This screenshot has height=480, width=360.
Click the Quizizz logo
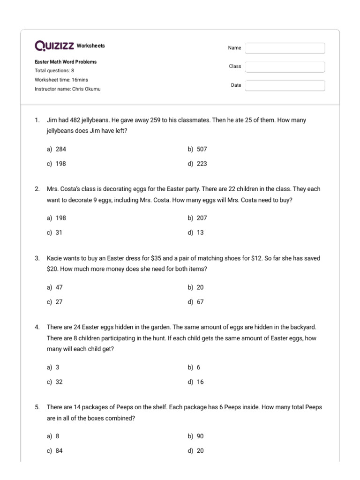pos(54,46)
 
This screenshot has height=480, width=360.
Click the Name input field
pos(285,48)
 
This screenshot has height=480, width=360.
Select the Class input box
pos(285,67)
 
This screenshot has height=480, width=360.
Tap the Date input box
pos(285,85)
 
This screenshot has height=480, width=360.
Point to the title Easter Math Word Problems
pos(66,61)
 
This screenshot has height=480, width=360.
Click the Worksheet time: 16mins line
pos(61,80)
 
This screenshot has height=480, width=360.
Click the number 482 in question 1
pos(74,120)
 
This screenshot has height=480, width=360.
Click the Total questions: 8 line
pos(54,71)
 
